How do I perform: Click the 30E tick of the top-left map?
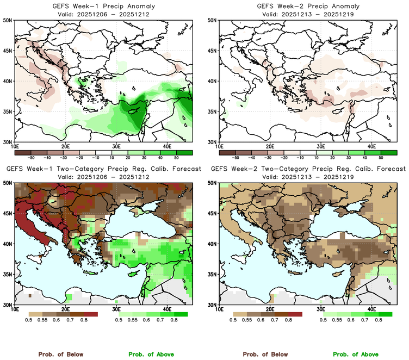pos(116,146)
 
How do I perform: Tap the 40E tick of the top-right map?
pos(372,146)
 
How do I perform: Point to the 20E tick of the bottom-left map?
pos(65,309)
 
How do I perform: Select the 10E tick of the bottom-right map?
pos(219,309)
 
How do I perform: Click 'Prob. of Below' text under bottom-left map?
pos(60,354)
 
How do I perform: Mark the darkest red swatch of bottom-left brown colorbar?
pos(91,314)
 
